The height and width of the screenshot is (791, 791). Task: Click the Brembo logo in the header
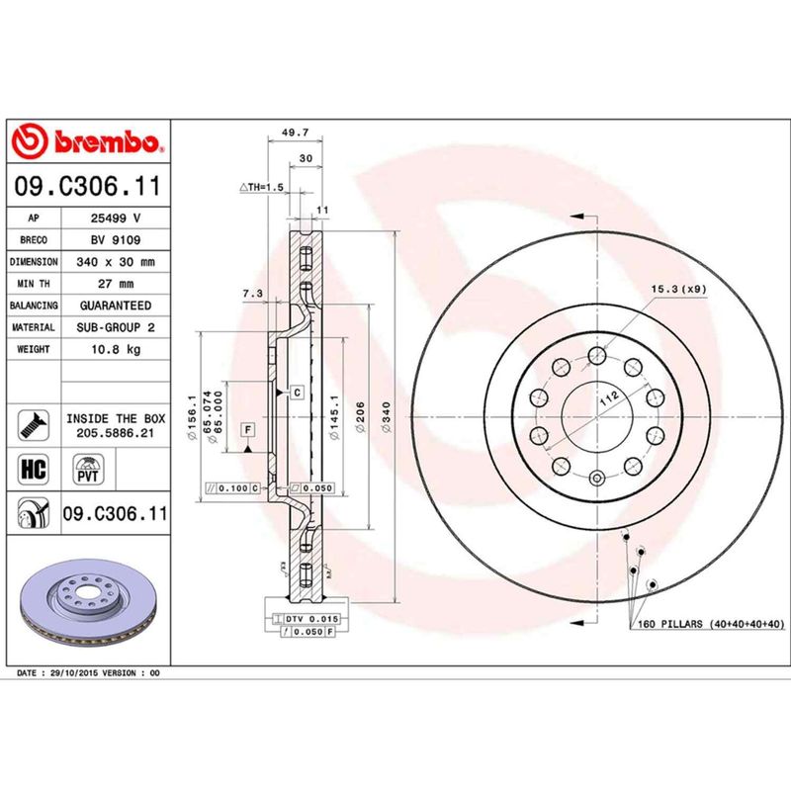coord(86,142)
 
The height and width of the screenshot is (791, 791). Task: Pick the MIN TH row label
coord(34,284)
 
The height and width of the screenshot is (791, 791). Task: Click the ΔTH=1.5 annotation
coord(261,187)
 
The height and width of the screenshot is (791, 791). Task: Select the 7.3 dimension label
coord(250,294)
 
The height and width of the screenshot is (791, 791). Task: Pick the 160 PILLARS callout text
coord(708,624)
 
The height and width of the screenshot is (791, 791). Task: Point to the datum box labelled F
coord(247,429)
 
